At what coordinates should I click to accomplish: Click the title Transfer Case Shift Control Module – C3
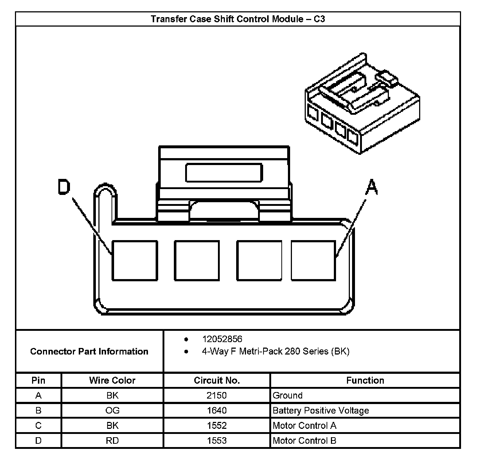pos(238,19)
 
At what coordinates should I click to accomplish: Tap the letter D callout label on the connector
pos(64,188)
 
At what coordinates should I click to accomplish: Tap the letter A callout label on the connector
pos(372,187)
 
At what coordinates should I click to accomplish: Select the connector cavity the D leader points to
pos(134,261)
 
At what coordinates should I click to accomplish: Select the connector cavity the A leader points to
pos(313,261)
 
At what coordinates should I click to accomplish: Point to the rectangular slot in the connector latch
pos(224,173)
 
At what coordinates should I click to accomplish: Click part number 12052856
pos(222,339)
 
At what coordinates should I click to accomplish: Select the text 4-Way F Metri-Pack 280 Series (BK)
pos(276,352)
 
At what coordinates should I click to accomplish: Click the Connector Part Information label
pos(89,352)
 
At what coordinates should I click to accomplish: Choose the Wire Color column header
pos(112,381)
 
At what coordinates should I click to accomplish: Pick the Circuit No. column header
pos(217,381)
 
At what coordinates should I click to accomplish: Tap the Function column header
pos(365,381)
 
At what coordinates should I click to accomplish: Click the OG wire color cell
pos(112,411)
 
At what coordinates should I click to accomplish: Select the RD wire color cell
pos(112,441)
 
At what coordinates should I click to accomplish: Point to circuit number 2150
pos(217,396)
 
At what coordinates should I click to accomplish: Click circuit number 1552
pos(217,426)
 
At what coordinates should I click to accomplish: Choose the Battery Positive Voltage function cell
pos(321,411)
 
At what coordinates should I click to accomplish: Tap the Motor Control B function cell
pos(304,441)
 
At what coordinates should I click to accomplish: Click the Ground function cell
pos(288,396)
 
